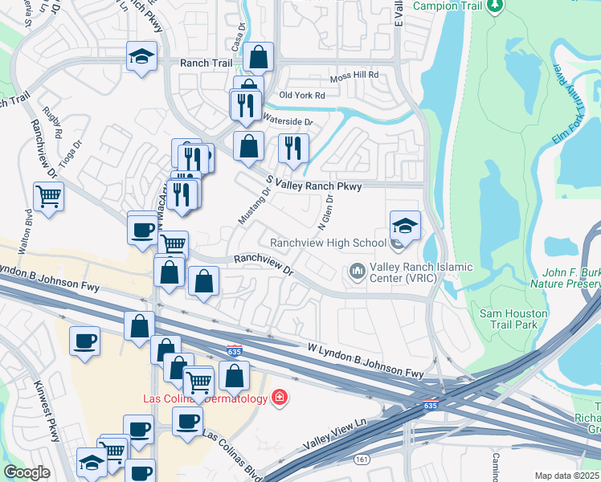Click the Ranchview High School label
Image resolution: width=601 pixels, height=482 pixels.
tap(328, 243)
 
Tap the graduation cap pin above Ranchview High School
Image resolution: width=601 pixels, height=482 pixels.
tap(405, 226)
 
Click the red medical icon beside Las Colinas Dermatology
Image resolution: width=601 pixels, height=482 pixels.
tap(280, 397)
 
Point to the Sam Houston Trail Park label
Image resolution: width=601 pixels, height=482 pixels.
tap(513, 319)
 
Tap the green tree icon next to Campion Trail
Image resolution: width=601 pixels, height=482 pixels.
tap(496, 6)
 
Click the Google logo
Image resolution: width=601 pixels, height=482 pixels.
tap(27, 472)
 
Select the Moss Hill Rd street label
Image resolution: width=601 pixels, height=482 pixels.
tap(354, 78)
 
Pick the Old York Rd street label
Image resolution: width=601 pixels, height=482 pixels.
tap(302, 96)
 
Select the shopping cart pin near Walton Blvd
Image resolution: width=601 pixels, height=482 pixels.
tap(49, 195)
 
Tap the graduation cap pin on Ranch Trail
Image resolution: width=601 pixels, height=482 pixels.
tap(141, 57)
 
